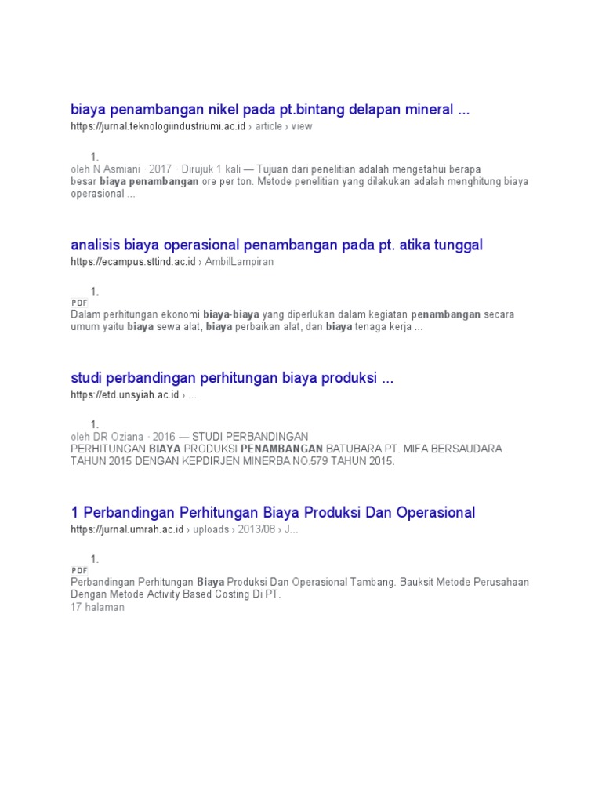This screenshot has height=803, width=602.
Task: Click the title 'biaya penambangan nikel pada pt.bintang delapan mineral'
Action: (270, 109)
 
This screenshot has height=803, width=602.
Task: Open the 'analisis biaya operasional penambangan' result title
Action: (277, 245)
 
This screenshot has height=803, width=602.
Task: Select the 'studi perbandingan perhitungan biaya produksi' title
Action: (232, 379)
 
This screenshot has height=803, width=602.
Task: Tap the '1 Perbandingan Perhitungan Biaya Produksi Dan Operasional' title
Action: (273, 513)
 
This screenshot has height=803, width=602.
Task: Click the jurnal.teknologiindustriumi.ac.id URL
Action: (158, 126)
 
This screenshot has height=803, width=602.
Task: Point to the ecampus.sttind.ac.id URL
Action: (132, 261)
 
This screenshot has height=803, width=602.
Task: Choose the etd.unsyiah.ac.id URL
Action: (124, 395)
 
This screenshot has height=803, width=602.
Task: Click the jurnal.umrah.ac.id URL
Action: (127, 529)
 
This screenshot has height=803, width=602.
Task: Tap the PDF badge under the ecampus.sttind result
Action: (79, 302)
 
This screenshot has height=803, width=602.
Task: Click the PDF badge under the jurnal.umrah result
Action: (79, 570)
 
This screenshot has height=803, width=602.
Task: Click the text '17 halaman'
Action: (97, 607)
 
